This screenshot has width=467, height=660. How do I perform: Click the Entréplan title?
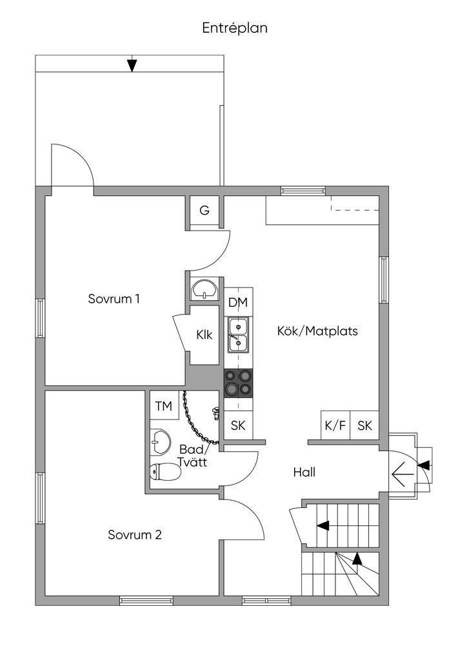(235, 28)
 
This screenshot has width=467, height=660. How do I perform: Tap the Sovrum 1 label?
(114, 299)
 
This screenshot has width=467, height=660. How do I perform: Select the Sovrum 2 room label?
(135, 534)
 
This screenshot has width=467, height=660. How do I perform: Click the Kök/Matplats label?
(317, 331)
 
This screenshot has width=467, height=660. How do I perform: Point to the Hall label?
(304, 472)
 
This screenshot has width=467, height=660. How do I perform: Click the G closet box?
(204, 210)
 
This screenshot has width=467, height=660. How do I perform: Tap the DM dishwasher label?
(239, 302)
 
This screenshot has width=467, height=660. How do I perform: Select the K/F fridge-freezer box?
(335, 425)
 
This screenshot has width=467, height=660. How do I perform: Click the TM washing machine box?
(164, 405)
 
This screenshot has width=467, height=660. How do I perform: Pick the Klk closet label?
(204, 335)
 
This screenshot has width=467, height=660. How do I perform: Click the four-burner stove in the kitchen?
(239, 383)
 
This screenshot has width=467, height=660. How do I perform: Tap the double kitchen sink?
(239, 335)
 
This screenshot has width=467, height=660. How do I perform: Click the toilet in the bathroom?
(166, 471)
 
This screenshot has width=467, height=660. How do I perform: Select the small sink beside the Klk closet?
(204, 289)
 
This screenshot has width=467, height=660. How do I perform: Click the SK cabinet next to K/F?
(364, 425)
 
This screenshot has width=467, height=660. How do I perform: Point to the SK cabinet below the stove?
(239, 425)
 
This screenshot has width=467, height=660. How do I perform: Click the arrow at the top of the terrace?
(132, 64)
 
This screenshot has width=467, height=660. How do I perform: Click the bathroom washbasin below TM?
(161, 442)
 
